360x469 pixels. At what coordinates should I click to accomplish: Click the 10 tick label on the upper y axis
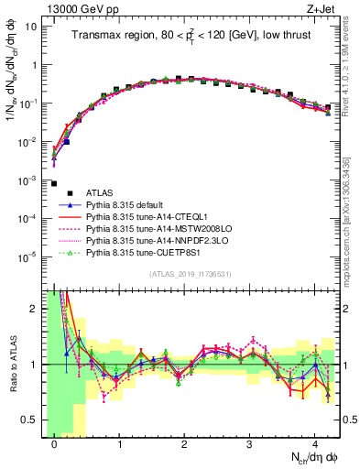pyautogui.click(x=30, y=26)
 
